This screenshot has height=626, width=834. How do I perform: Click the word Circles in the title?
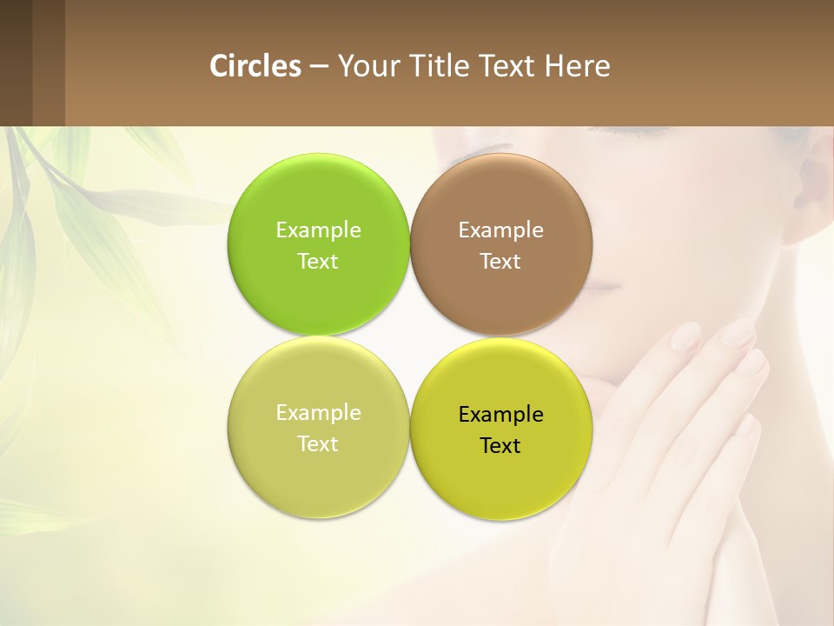[255, 66]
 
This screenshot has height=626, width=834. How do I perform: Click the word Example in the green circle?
[318, 230]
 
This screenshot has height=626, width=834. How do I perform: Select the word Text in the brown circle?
[500, 262]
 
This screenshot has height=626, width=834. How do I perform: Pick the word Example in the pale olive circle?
[318, 413]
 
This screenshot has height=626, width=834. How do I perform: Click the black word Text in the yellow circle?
[500, 446]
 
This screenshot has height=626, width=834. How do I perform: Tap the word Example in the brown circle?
[500, 230]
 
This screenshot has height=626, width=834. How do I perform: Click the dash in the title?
[319, 66]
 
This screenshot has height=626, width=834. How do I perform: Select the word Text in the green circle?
[318, 262]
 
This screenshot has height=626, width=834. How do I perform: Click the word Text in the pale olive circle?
[318, 444]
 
